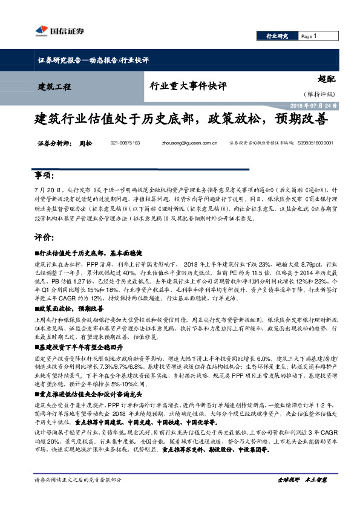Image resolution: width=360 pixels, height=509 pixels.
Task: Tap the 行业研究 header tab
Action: click(278, 36)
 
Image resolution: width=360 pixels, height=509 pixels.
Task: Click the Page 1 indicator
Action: click(309, 36)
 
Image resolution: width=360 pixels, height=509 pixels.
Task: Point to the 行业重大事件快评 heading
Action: click(188, 86)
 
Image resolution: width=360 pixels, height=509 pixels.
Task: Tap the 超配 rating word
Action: click(326, 79)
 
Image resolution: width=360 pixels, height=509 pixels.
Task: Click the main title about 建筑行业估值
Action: click(180, 119)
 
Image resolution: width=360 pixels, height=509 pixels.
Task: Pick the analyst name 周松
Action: click(86, 143)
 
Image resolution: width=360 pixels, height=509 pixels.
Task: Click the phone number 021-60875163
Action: click(125, 143)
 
